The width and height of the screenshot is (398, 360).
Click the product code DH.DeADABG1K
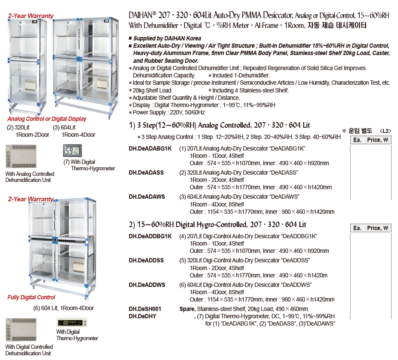150,148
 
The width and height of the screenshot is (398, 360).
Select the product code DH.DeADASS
146,172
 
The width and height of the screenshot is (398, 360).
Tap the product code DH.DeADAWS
147,197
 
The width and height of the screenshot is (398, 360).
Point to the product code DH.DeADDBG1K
150,236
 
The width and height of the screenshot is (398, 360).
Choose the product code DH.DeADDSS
146,260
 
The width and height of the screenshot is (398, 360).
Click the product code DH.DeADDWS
147,285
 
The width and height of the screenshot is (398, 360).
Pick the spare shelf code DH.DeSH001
145,309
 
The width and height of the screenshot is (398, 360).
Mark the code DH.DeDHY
142,316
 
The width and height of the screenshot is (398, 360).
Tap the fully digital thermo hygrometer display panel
72,323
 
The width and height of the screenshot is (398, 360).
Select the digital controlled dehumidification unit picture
21,330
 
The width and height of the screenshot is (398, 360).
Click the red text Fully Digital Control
31,297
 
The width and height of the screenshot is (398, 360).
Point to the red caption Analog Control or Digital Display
47,119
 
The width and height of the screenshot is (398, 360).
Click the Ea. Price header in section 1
370,140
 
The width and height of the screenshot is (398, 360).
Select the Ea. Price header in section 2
370,228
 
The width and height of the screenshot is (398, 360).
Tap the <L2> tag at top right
386,130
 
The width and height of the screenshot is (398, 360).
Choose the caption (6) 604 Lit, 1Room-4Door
64,308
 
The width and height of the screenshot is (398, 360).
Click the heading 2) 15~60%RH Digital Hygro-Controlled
217,225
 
